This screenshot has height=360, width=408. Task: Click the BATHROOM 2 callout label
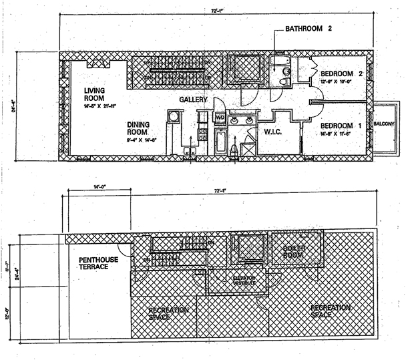coord(309,29)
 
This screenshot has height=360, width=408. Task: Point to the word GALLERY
coord(194,100)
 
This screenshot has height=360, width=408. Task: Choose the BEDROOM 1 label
coord(341,126)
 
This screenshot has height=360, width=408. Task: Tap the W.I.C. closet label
coord(272,132)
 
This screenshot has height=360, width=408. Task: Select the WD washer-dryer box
coord(220,118)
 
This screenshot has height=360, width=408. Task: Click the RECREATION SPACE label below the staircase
coord(168,313)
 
